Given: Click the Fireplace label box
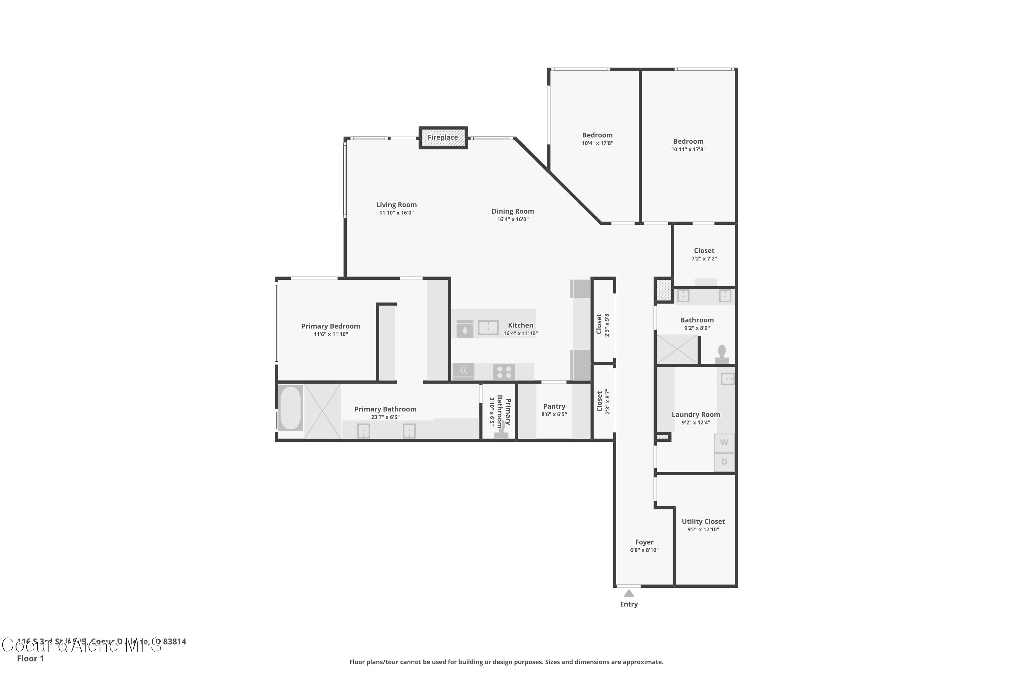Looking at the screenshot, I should (x=443, y=138).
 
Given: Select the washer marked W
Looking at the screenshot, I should (x=724, y=442).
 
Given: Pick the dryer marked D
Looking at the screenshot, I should (x=724, y=462).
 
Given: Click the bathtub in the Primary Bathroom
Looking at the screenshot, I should (x=290, y=408).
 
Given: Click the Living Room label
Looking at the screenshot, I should (x=396, y=205).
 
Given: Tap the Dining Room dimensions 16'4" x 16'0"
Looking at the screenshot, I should (x=513, y=219).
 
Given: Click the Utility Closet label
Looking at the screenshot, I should (x=703, y=521).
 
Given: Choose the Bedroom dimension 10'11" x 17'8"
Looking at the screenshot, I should (x=688, y=150).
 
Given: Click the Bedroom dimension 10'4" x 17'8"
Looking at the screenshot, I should (x=597, y=143).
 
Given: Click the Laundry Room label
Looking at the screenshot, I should (x=696, y=414).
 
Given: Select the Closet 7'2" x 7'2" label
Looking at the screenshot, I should (x=704, y=250).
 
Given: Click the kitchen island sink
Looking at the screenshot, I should (x=488, y=328).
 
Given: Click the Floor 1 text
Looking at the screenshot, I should (x=30, y=658).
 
